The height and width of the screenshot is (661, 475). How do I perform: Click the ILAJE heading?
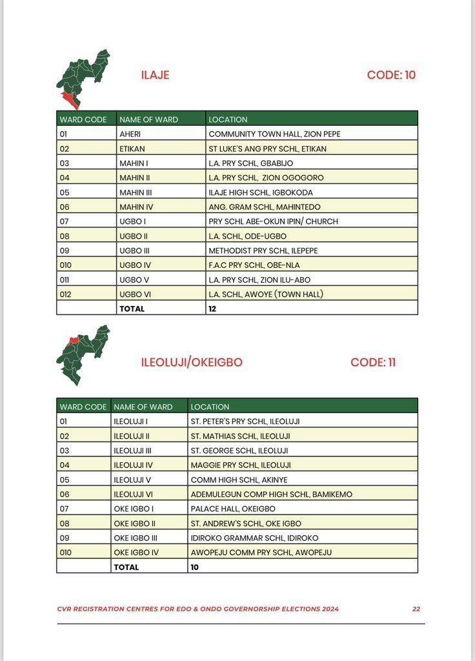point(155,75)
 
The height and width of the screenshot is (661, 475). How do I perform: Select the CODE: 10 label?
point(391,75)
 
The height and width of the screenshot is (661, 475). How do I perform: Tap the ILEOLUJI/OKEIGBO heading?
point(192,362)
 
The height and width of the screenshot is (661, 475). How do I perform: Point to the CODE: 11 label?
point(373,362)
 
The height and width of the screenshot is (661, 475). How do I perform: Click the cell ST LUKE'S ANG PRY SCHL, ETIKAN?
point(267,148)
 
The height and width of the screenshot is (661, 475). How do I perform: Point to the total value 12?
point(213,309)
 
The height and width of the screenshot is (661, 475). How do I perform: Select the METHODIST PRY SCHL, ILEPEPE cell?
point(263,250)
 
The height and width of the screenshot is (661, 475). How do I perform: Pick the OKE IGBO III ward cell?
point(135,538)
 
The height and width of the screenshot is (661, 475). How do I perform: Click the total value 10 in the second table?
point(195,567)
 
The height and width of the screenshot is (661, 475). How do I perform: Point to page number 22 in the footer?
point(417,609)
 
